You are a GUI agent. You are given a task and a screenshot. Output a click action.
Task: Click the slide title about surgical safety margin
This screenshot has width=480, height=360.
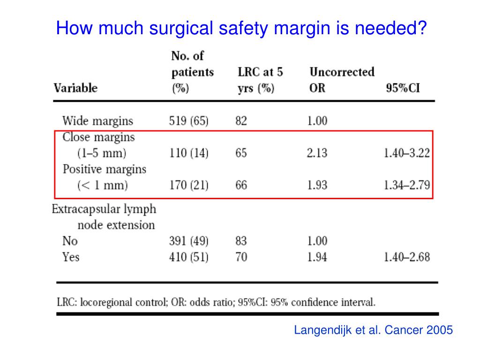pos(241,29)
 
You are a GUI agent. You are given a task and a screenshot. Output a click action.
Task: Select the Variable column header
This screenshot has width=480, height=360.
pos(75,88)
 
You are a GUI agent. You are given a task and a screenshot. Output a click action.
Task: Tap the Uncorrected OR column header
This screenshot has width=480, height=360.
pos(342,80)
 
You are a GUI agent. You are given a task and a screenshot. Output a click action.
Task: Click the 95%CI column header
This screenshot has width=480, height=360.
pos(403,88)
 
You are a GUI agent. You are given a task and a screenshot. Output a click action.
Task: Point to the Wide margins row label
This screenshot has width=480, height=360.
pos(97,121)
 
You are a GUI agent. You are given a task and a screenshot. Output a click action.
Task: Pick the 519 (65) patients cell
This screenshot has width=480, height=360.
pos(188,121)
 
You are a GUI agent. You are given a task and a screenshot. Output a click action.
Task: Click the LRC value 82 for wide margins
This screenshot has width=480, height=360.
pos(241,121)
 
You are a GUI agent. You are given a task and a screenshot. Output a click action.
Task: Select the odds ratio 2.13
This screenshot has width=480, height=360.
pos(317,153)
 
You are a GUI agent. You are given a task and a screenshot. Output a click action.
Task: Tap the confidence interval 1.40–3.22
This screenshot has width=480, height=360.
pos(406,153)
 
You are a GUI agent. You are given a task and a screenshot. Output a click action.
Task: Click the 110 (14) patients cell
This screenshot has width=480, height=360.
pos(188,153)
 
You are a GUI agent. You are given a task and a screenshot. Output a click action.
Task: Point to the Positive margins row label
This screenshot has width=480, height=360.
pos(104,169)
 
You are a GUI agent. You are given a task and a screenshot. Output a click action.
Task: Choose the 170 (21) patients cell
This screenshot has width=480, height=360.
pos(188,185)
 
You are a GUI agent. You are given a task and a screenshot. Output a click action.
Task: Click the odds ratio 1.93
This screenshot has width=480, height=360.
pos(317,185)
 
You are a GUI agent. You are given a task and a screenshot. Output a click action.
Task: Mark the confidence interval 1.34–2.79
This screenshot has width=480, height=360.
pos(406,185)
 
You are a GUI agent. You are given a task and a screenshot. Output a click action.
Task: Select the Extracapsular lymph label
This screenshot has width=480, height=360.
pos(104,209)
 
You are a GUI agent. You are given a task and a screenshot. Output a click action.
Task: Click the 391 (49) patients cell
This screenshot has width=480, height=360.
pos(188,241)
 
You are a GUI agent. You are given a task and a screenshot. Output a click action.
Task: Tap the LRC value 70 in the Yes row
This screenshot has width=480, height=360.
pos(241,257)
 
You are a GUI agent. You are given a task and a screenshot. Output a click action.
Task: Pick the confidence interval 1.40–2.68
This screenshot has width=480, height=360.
pos(406,257)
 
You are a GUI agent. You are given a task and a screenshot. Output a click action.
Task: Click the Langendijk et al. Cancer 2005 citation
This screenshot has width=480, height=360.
pos(373,330)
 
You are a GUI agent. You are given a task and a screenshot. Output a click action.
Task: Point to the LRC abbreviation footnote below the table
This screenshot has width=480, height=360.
pos(216,302)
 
